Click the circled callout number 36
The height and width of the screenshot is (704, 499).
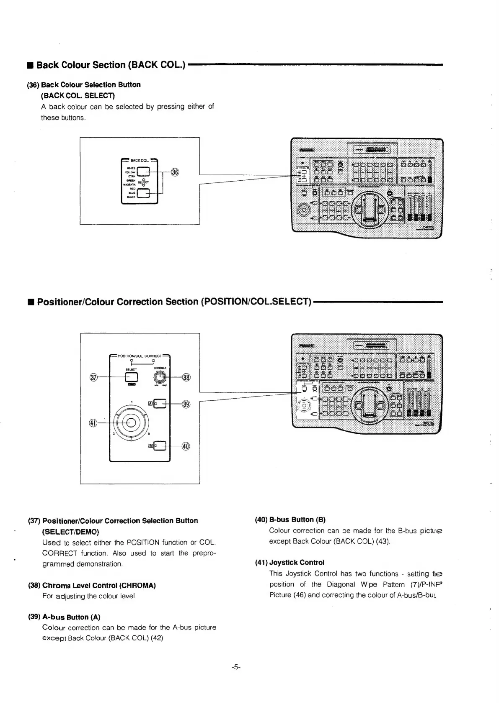175,172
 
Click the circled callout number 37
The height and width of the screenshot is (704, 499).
95,377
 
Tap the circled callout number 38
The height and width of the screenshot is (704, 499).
186,377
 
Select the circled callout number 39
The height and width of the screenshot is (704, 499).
186,404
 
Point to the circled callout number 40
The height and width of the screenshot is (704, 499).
186,446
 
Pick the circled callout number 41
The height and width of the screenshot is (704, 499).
94,423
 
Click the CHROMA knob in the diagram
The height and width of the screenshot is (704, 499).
159,377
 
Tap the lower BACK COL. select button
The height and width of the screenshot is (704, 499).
143,193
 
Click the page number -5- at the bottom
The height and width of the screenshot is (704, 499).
235,668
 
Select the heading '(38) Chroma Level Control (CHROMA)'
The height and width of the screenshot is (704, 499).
92,585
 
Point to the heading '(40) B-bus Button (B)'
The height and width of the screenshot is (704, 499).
290,520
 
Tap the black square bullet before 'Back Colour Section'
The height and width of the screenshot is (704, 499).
30,65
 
